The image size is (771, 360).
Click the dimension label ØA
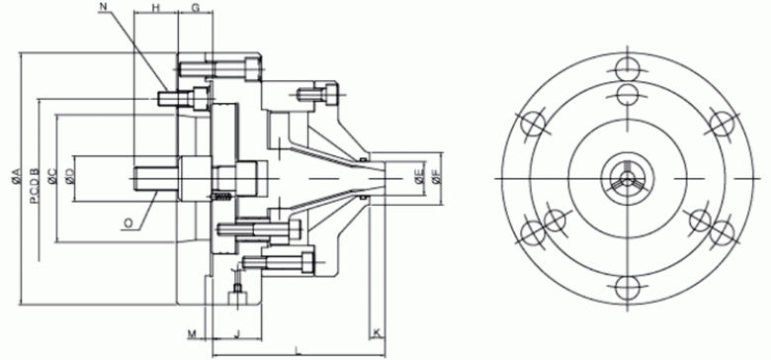click(x=15, y=177)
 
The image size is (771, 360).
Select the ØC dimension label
click(x=52, y=177)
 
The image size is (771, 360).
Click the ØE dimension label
click(x=419, y=177)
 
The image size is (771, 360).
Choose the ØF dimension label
click(x=436, y=177)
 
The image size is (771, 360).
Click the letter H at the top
click(x=156, y=7)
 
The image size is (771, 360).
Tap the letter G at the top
click(x=195, y=7)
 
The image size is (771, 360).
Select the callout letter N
click(x=103, y=6)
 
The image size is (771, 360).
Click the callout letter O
click(x=128, y=224)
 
